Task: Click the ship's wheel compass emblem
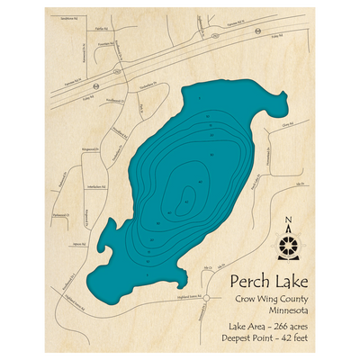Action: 287,244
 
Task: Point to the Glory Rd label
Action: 287,126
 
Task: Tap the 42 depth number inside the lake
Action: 186,202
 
